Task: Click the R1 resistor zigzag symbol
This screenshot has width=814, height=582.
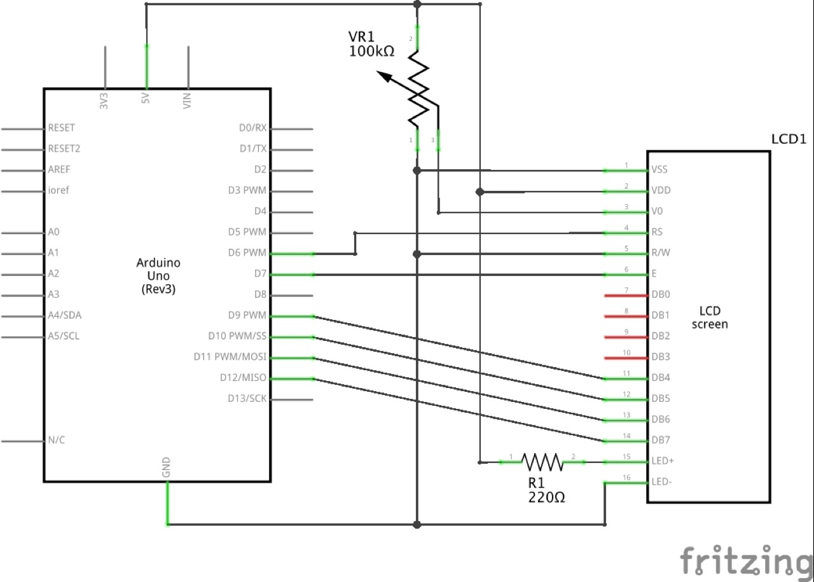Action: pos(542,462)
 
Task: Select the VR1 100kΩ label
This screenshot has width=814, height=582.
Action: pos(371,45)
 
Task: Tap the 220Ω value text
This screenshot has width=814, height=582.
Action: pos(546,498)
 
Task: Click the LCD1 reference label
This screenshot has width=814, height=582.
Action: pos(788,139)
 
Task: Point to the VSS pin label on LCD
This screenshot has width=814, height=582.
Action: pos(659,170)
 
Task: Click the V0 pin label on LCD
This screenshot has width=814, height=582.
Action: pos(658,211)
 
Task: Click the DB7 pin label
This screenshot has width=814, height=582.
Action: pos(661,440)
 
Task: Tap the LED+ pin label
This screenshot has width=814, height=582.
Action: pos(663,461)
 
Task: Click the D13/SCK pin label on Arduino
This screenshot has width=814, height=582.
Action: pos(247,399)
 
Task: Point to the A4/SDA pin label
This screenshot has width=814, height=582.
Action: pos(64,315)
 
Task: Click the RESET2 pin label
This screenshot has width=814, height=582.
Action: pos(65,149)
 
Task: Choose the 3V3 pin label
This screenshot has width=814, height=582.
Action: pos(104,101)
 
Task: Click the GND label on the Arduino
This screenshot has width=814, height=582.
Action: pos(167,468)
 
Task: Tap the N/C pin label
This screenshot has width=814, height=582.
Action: pos(57,440)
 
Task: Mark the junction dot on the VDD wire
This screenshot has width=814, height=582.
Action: pos(481,191)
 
